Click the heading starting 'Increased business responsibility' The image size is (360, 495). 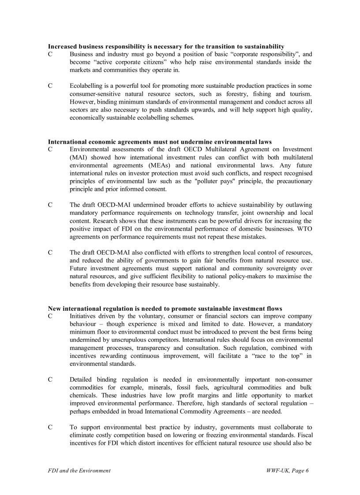click(x=166, y=46)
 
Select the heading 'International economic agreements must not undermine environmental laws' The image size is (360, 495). click(x=160, y=142)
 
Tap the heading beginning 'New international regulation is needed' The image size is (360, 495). click(x=165, y=309)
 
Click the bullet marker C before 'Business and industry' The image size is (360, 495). click(x=50, y=54)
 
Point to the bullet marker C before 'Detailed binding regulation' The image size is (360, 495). click(x=50, y=380)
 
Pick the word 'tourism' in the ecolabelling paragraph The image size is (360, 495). click(x=300, y=94)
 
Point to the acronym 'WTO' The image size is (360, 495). click(x=304, y=229)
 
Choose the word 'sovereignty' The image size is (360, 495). click(x=285, y=268)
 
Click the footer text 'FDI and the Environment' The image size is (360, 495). click(x=79, y=470)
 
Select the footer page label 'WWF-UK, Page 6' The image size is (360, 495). click(x=287, y=470)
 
